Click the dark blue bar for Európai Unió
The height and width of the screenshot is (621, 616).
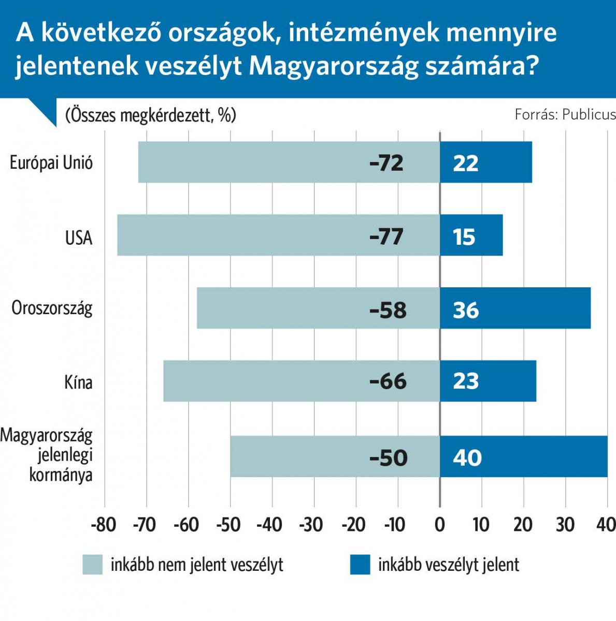tap(486, 162)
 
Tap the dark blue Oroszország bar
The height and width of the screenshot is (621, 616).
tap(515, 308)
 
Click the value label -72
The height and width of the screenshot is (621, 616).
tap(386, 163)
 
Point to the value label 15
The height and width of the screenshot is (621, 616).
tap(464, 237)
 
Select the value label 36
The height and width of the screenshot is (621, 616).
tap(466, 310)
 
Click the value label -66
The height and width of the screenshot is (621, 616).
tap(388, 382)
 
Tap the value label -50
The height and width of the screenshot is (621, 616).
tap(389, 458)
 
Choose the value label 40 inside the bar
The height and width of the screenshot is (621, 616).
tap(467, 458)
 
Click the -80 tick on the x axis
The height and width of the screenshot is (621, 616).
tap(103, 525)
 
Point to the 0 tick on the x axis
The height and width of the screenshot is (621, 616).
tap(440, 525)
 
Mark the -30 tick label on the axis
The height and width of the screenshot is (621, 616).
tap(312, 525)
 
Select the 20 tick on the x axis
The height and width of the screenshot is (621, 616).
tap(523, 525)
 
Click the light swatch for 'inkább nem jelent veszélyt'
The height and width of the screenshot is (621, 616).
tap(93, 565)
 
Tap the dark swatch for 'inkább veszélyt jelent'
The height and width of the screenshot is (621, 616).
tap(360, 565)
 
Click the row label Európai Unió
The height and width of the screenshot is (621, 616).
tap(51, 163)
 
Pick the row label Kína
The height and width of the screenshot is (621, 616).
tap(78, 382)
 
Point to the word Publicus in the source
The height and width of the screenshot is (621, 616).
tap(589, 114)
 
